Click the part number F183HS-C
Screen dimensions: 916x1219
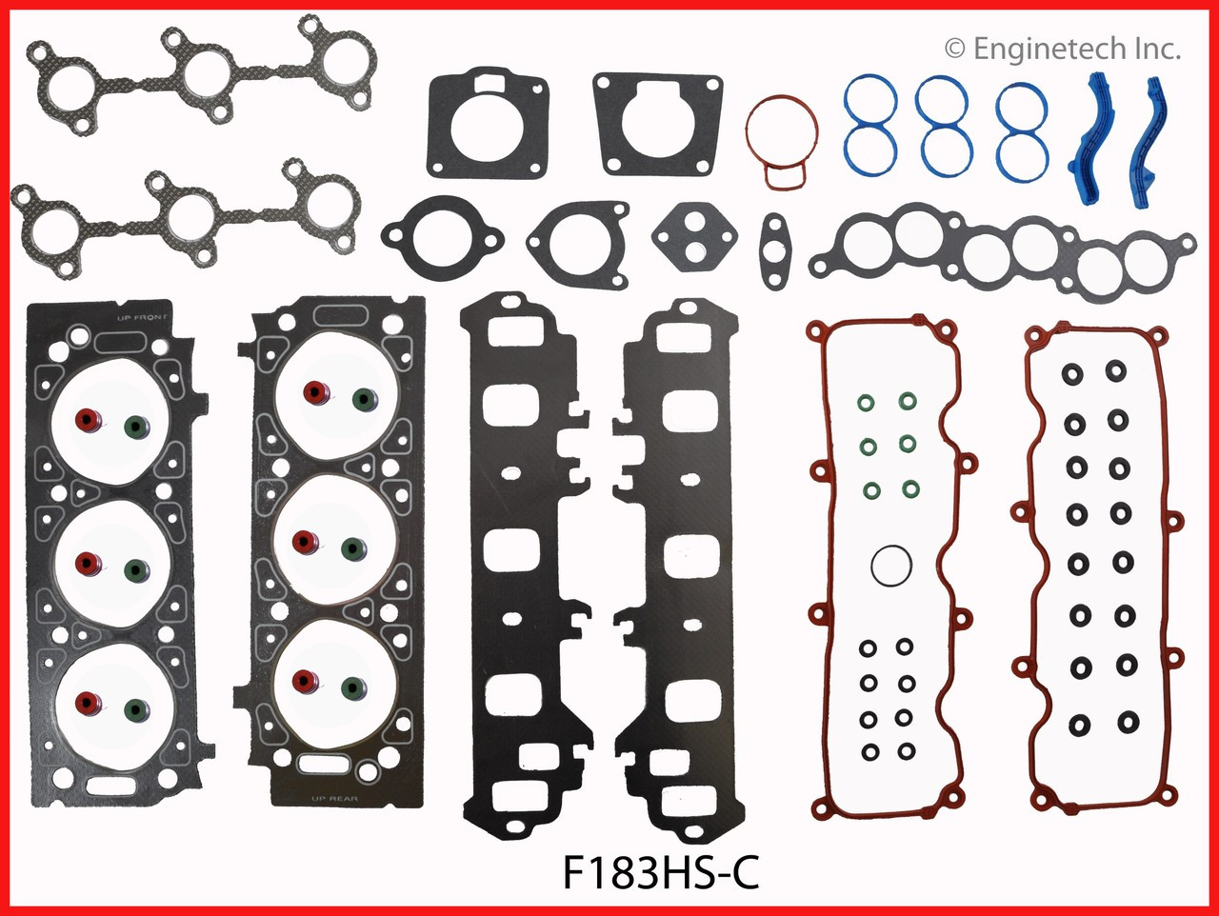(x=660, y=872)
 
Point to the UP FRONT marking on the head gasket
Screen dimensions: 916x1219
(x=142, y=316)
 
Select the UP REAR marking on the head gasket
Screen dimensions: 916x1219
(x=334, y=799)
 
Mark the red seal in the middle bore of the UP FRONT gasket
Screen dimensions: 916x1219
(x=89, y=564)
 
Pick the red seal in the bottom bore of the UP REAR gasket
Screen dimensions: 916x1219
(x=306, y=682)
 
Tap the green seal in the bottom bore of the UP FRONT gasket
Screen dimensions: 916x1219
(x=137, y=711)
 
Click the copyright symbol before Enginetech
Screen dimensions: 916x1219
(x=954, y=50)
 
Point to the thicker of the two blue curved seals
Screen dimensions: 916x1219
(x=1104, y=143)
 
